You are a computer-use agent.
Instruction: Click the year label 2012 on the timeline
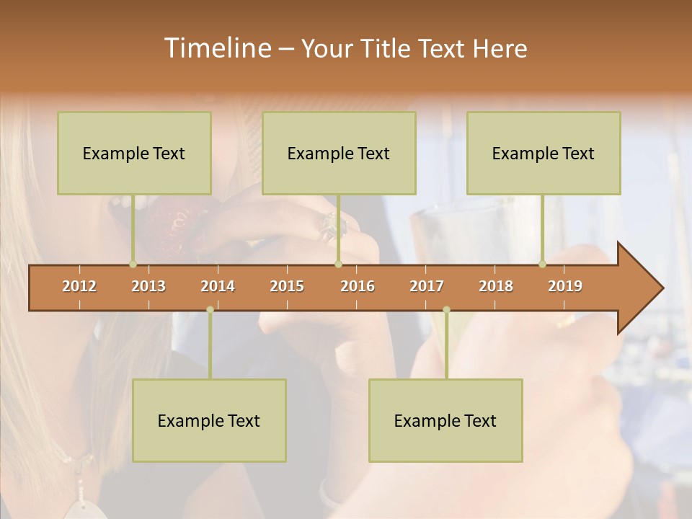pos(79,286)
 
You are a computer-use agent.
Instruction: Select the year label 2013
pos(148,286)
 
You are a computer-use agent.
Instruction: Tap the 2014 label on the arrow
pos(218,286)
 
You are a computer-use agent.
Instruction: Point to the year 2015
pos(287,286)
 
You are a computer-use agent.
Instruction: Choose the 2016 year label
pos(358,286)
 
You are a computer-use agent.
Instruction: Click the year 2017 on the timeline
pos(427,286)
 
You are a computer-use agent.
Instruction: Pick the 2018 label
pos(496,286)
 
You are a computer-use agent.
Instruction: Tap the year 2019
pos(565,286)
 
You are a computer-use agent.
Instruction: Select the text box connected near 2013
pos(134,153)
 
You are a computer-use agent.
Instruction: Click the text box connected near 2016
pos(339,153)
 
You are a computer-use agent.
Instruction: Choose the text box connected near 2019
pos(544,153)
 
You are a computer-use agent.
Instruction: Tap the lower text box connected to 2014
pos(209,420)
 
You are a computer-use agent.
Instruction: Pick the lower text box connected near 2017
pos(445,420)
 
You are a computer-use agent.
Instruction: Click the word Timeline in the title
pos(216,48)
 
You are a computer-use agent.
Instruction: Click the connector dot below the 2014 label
pos(210,309)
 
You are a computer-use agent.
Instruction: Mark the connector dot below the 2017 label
pos(446,309)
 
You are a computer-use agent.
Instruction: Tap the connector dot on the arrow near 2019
pos(543,264)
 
